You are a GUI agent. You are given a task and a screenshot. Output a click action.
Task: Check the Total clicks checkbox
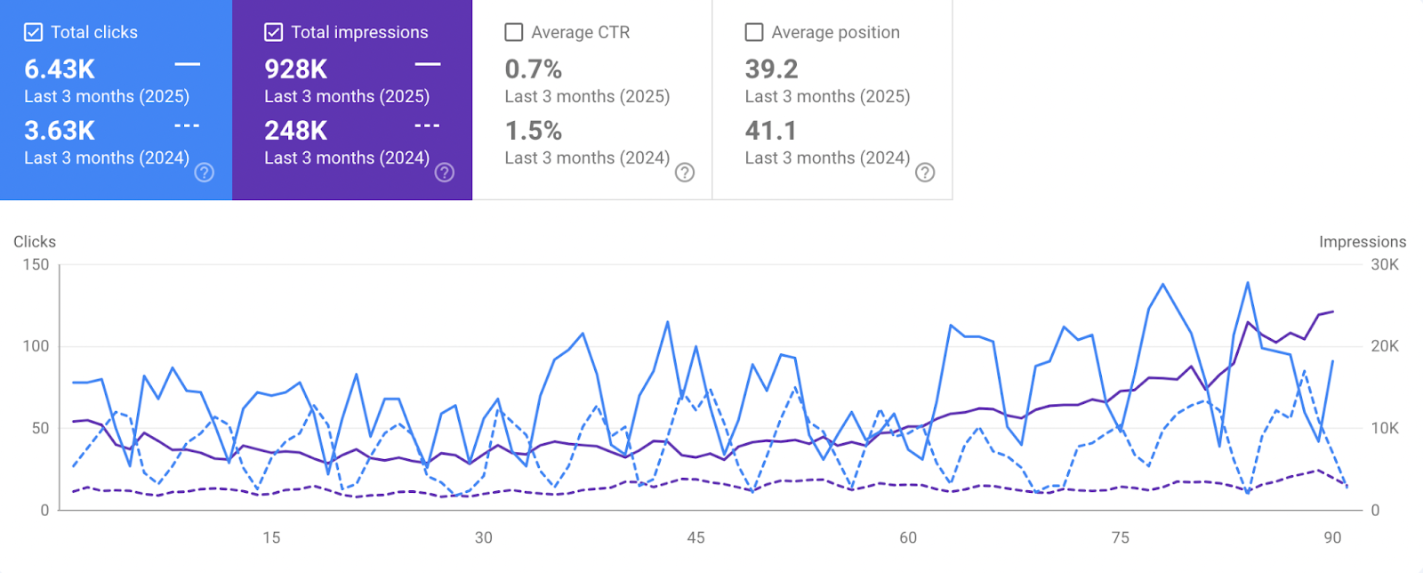pos(33,33)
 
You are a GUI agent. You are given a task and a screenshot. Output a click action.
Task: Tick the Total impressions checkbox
pos(274,33)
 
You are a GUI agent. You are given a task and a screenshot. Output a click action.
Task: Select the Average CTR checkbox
pos(514,33)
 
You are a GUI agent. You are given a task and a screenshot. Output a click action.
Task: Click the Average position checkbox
pos(754,33)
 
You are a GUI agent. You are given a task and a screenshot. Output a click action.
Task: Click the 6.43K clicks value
pos(60,69)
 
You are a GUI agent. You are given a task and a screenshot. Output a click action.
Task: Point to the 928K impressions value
pos(296,69)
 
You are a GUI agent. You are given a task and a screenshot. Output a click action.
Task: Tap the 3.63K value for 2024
pos(60,131)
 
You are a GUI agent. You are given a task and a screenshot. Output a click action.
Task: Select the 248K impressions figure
pos(296,131)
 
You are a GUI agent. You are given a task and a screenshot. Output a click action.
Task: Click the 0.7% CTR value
pos(534,69)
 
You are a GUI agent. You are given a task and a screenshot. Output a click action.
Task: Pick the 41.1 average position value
pos(771,131)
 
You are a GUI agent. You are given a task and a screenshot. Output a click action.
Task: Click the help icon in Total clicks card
pos(205,173)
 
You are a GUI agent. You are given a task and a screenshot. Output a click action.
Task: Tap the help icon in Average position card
pos(925,173)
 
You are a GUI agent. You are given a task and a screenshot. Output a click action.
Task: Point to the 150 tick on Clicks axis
pos(36,264)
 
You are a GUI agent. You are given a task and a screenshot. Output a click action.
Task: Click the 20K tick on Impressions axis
pos(1385,346)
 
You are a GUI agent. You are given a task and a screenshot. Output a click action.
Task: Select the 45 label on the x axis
pos(695,537)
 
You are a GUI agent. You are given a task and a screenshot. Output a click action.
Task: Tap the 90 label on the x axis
pos(1332,537)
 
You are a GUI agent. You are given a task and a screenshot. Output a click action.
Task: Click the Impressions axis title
pos(1363,242)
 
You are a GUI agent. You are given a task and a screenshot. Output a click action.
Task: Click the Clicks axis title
pos(35,242)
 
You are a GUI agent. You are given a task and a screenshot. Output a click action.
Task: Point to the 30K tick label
pos(1385,264)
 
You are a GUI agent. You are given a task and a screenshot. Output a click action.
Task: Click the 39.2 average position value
pos(771,69)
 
